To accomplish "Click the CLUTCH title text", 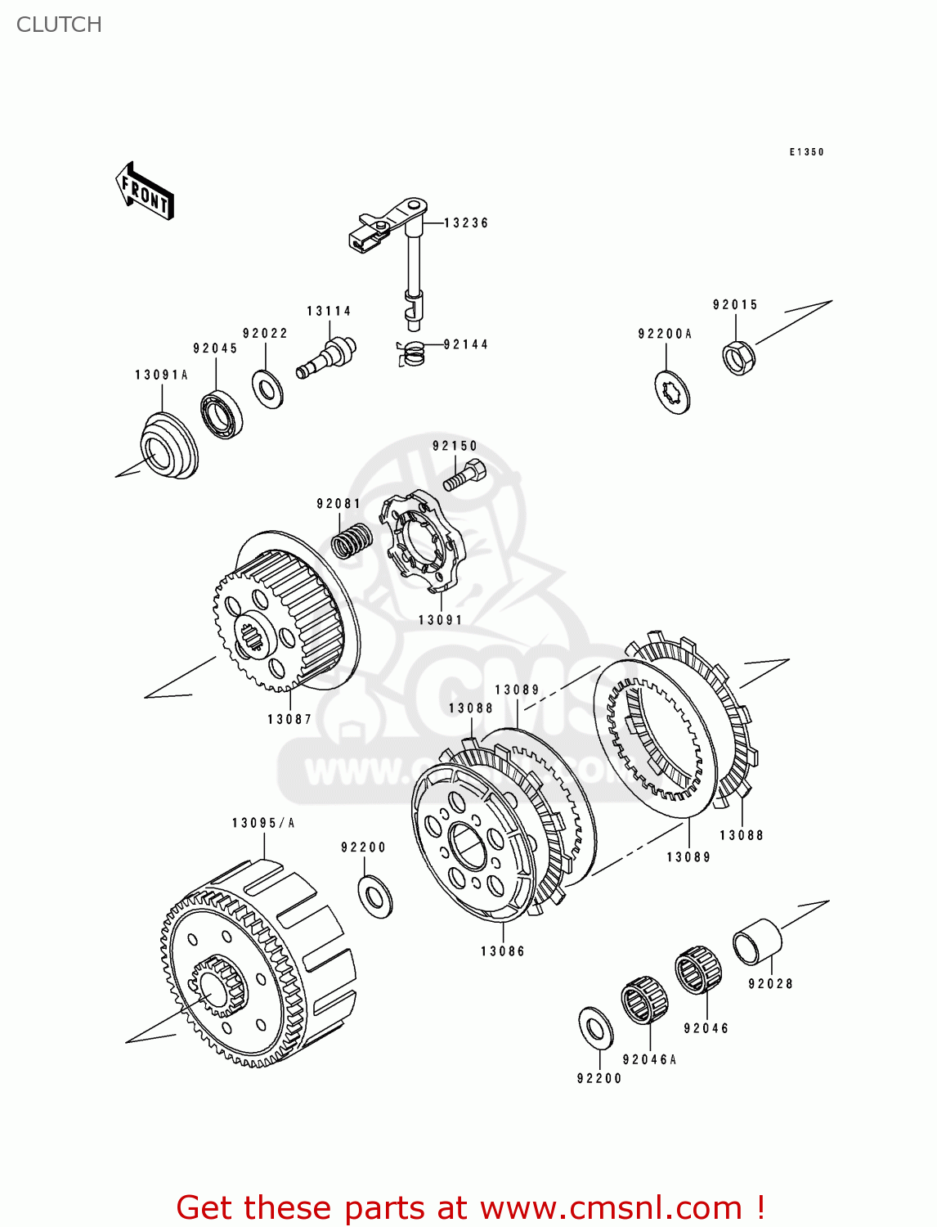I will [59, 25].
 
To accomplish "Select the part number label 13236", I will [466, 222].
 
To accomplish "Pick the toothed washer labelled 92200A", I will [673, 392].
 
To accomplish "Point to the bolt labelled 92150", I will [464, 475].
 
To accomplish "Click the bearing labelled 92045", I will [222, 416].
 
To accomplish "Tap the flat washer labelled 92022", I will [267, 389].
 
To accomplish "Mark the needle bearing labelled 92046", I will [698, 969].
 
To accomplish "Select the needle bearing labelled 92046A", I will [644, 1000].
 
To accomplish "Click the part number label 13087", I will [289, 719].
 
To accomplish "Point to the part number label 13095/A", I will [263, 823].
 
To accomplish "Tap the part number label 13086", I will [503, 951].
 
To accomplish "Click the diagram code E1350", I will [806, 152].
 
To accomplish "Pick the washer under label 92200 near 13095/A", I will [375, 896].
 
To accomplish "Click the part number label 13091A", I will [161, 375].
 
